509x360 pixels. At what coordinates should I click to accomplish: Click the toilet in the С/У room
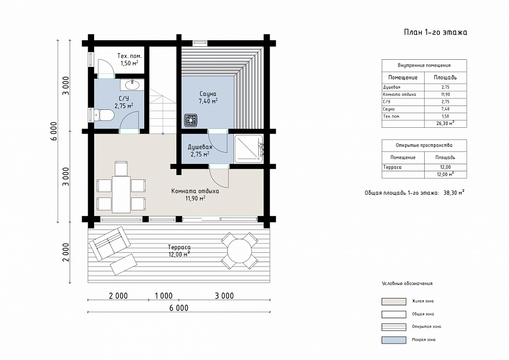[104, 115]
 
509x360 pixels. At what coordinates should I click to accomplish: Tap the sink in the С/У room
[133, 85]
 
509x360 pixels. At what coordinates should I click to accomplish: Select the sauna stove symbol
[190, 120]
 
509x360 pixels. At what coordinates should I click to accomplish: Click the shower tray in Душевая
[249, 148]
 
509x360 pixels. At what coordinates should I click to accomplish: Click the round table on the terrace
[240, 251]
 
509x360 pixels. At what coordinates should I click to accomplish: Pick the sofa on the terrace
[109, 243]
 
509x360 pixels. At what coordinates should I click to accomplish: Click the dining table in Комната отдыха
[121, 195]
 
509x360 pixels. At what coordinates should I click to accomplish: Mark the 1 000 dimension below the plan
[164, 296]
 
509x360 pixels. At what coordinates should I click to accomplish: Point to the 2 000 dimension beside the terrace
[66, 252]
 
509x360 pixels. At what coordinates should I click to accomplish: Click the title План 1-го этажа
[435, 32]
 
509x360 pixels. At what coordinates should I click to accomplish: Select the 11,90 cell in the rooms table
[445, 95]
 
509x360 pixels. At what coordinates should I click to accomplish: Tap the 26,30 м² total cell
[445, 123]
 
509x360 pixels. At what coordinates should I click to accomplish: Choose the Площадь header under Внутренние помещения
[445, 78]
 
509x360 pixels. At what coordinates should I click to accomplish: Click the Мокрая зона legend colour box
[394, 340]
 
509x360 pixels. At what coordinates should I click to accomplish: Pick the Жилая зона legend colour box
[394, 302]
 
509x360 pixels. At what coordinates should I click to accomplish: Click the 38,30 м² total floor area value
[454, 193]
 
